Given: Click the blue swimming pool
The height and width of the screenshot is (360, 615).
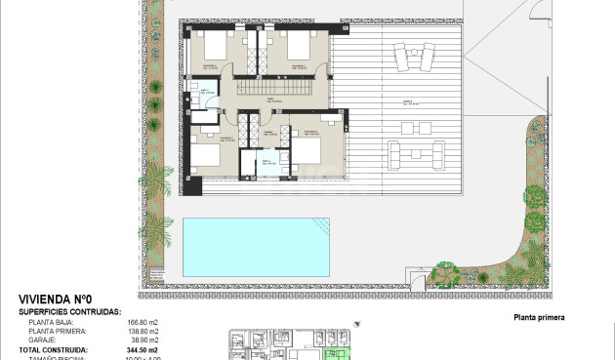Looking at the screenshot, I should [x=256, y=246].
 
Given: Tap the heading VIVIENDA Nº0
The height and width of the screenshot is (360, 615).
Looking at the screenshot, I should [x=56, y=300].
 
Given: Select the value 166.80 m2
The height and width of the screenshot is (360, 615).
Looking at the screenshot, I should [x=143, y=321].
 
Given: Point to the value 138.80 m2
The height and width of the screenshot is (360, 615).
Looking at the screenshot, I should [x=143, y=331].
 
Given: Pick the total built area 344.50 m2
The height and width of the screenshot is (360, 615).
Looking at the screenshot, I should [x=143, y=349].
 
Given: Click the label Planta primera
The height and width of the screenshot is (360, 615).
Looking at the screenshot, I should [x=539, y=317].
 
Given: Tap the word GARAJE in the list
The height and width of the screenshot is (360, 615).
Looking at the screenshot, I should [x=42, y=340].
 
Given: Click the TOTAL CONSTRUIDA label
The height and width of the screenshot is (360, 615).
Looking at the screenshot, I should [x=54, y=349].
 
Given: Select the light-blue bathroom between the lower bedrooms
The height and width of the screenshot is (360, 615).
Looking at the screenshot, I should [x=266, y=165].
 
